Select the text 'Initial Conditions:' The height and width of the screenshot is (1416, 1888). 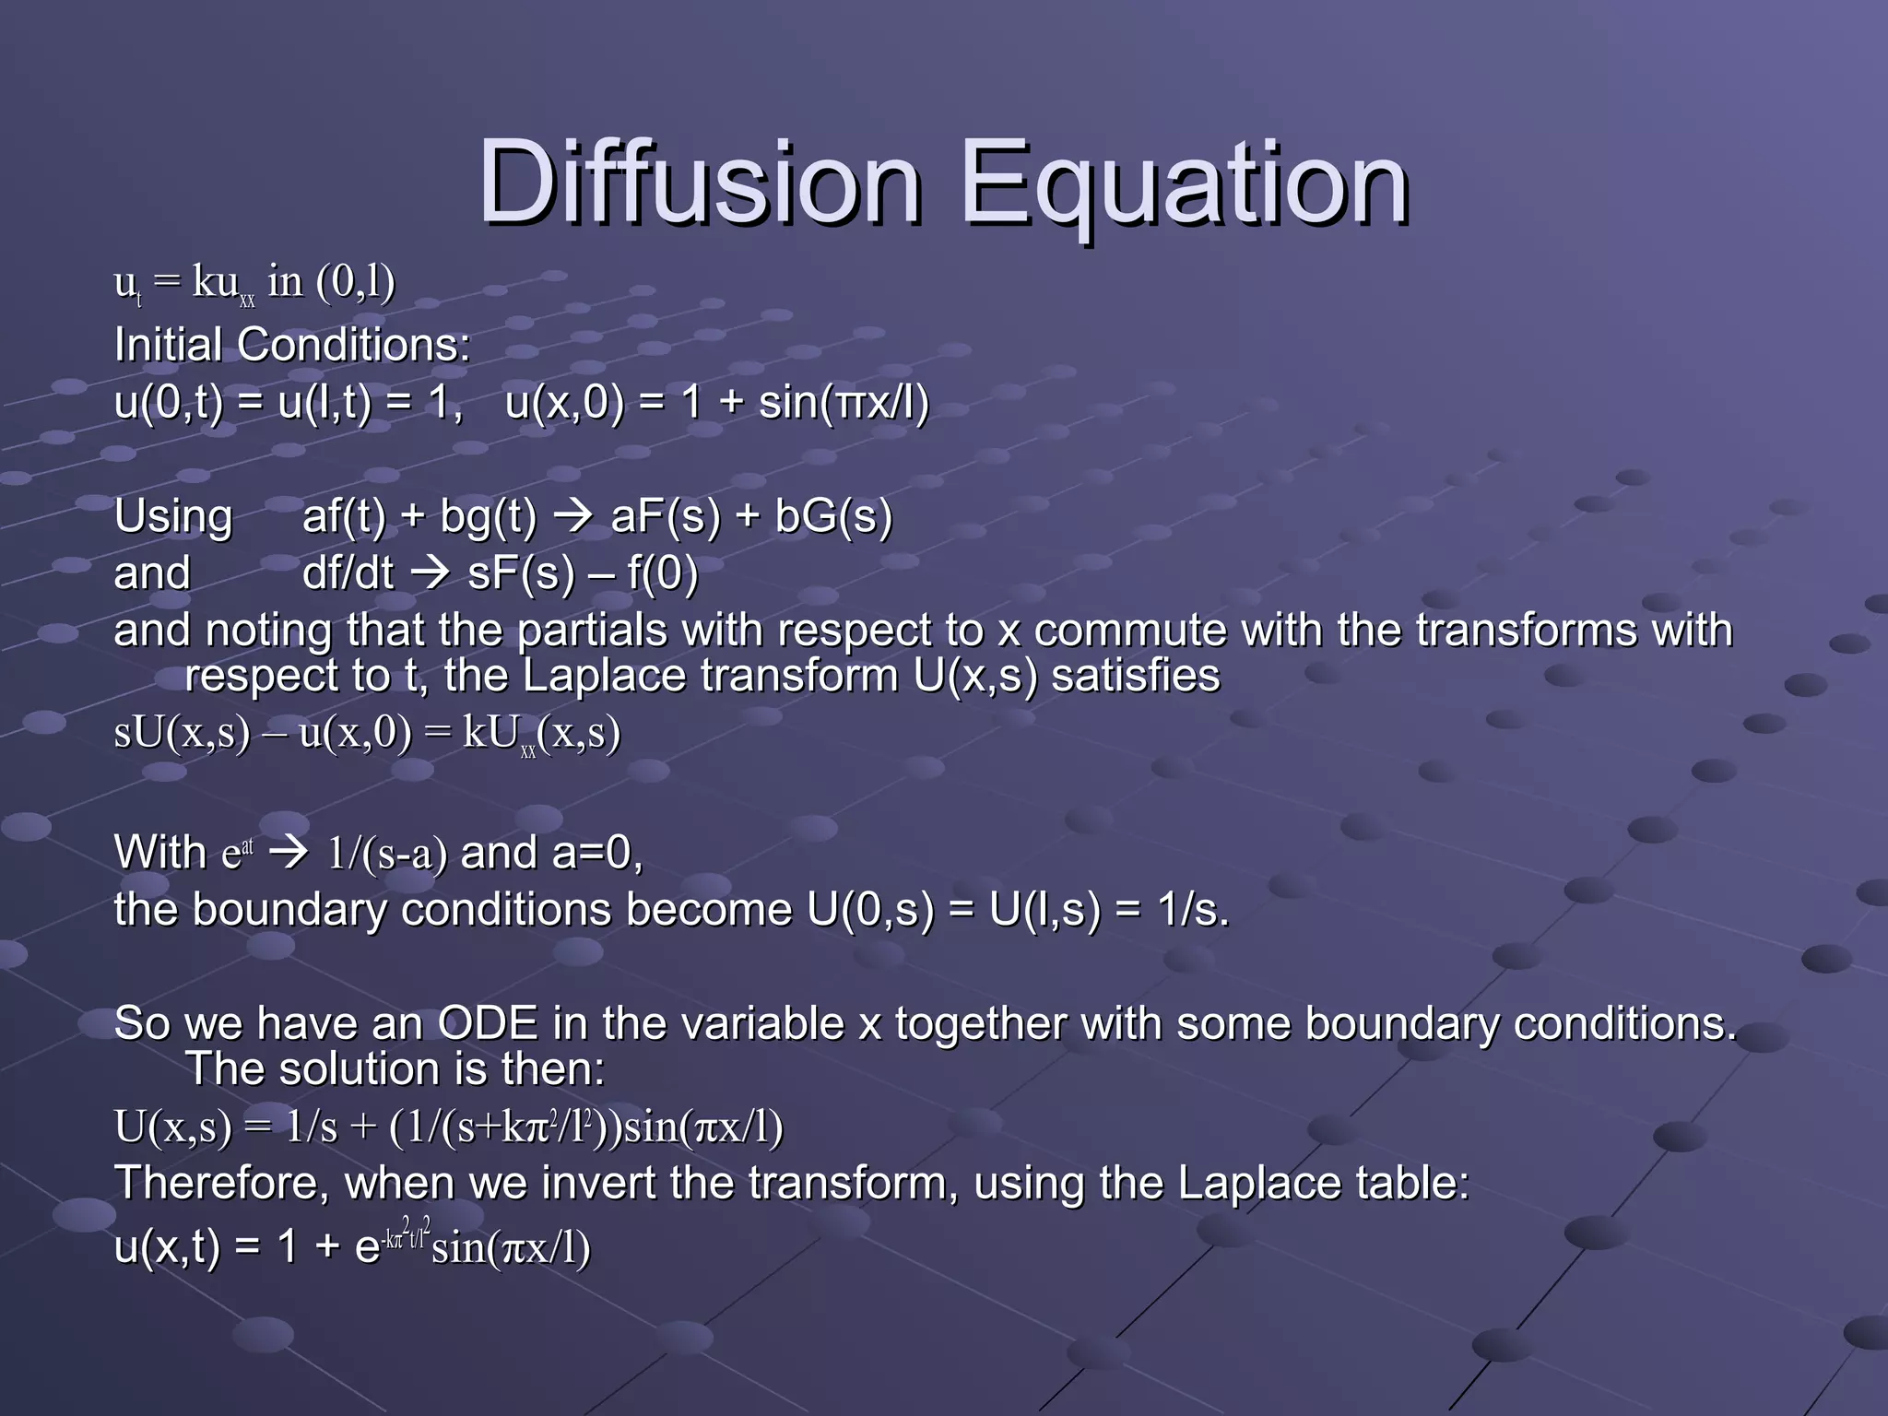[x=291, y=346]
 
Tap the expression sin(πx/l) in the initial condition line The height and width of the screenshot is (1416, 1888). [x=844, y=403]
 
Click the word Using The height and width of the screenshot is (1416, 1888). [x=173, y=516]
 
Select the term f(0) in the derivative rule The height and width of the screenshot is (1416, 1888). [x=663, y=573]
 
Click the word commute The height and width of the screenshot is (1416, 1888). [x=1129, y=631]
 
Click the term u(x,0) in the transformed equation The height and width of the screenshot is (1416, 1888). [x=356, y=733]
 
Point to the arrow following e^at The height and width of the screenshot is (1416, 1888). [x=289, y=853]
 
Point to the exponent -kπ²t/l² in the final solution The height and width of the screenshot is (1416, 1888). [x=407, y=1235]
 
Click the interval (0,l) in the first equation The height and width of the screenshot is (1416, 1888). [x=356, y=282]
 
